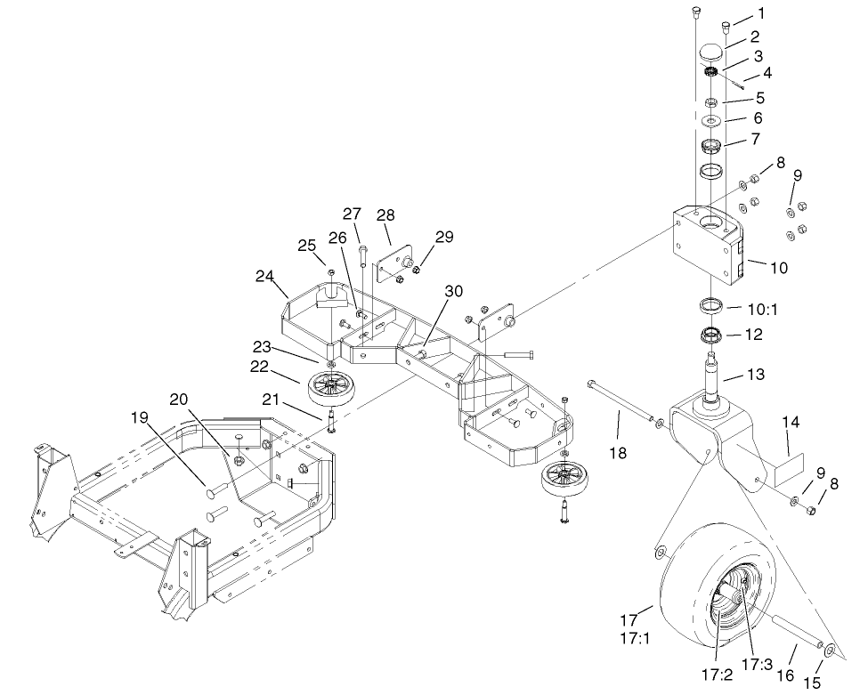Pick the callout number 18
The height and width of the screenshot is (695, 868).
pyautogui.click(x=617, y=453)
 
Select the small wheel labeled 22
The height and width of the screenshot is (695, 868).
pyautogui.click(x=331, y=389)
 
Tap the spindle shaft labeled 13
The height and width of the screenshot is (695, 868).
pyautogui.click(x=713, y=374)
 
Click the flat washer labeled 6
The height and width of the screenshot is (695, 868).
pyautogui.click(x=712, y=120)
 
